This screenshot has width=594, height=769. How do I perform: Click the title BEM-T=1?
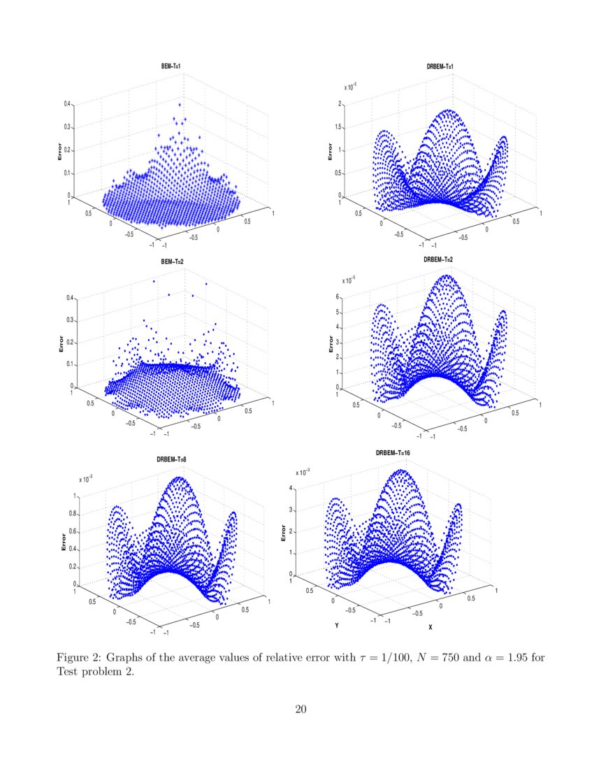pos(171,66)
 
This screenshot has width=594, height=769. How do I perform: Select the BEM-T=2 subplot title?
pos(171,261)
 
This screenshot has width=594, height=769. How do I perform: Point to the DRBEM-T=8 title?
pos(171,459)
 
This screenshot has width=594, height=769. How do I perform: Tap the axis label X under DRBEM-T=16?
pos(430,626)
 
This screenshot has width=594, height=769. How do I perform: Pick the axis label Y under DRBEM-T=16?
pos(336,626)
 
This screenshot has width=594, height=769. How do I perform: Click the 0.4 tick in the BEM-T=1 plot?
pos(68,103)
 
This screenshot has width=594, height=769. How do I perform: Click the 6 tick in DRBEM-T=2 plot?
pos(336,297)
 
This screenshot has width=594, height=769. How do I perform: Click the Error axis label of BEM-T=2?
pos(61,343)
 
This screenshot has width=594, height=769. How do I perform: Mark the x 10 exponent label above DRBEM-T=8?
pos(85,480)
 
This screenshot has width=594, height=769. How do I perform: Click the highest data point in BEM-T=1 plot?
pos(180,105)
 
